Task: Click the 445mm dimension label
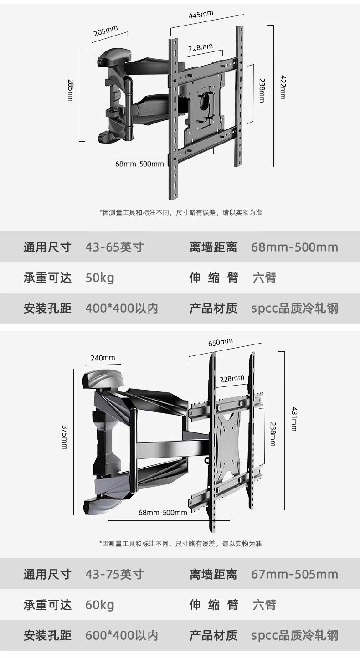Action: [201, 15]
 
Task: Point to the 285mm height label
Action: [70, 92]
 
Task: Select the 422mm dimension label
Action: [283, 87]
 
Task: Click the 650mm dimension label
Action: [221, 342]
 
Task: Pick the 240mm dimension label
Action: [103, 358]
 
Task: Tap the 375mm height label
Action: [64, 437]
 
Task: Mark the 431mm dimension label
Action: [294, 419]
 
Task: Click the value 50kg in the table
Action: [100, 278]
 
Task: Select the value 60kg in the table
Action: [100, 605]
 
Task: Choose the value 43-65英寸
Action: [114, 247]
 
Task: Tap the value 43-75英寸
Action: [114, 574]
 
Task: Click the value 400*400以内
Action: [122, 308]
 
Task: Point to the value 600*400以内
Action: [122, 635]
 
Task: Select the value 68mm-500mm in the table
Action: [295, 247]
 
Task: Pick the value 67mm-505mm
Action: [295, 574]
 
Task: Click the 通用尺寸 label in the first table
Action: [47, 247]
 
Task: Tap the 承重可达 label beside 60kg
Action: [47, 605]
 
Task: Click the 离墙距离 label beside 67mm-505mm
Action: [213, 574]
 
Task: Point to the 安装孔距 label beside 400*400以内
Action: [47, 308]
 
